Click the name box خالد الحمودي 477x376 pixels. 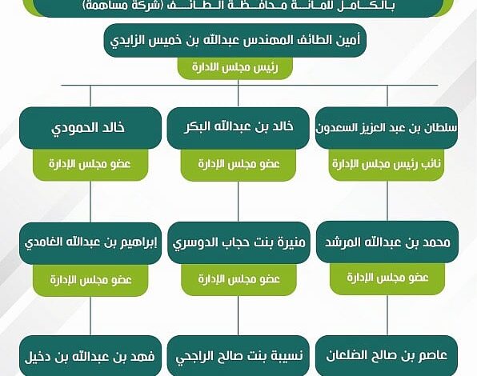[x=90, y=128]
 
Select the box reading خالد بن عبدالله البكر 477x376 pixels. [x=238, y=128]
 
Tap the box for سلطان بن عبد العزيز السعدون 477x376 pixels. [x=387, y=128]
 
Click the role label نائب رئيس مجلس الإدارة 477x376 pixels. [x=387, y=165]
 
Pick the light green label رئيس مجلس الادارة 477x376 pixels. [x=235, y=67]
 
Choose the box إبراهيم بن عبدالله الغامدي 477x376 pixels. [x=90, y=243]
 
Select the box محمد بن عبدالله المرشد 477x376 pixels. [x=387, y=242]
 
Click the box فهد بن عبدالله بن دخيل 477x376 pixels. [x=90, y=356]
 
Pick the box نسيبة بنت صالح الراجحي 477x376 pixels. [x=238, y=356]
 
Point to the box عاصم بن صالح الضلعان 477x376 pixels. [x=387, y=356]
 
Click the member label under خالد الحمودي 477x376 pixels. [x=90, y=165]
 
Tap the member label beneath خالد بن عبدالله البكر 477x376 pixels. [x=238, y=165]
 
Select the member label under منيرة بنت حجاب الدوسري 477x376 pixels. [x=238, y=280]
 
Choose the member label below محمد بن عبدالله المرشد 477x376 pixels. [x=387, y=278]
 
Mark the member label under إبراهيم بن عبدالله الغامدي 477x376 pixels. [x=90, y=280]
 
